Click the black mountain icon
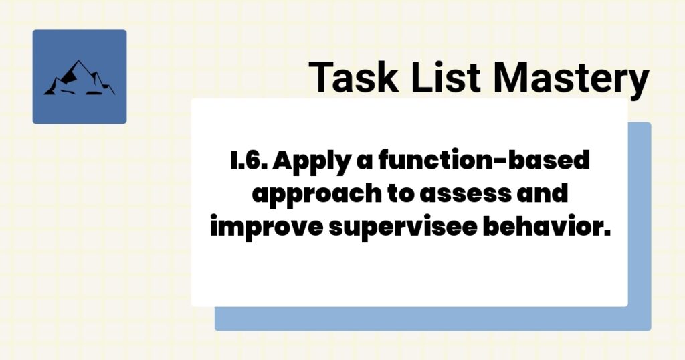click(79, 78)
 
